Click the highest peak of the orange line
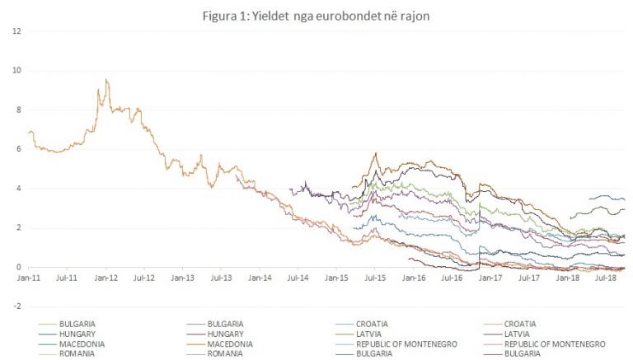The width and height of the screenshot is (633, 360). click(106, 80)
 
